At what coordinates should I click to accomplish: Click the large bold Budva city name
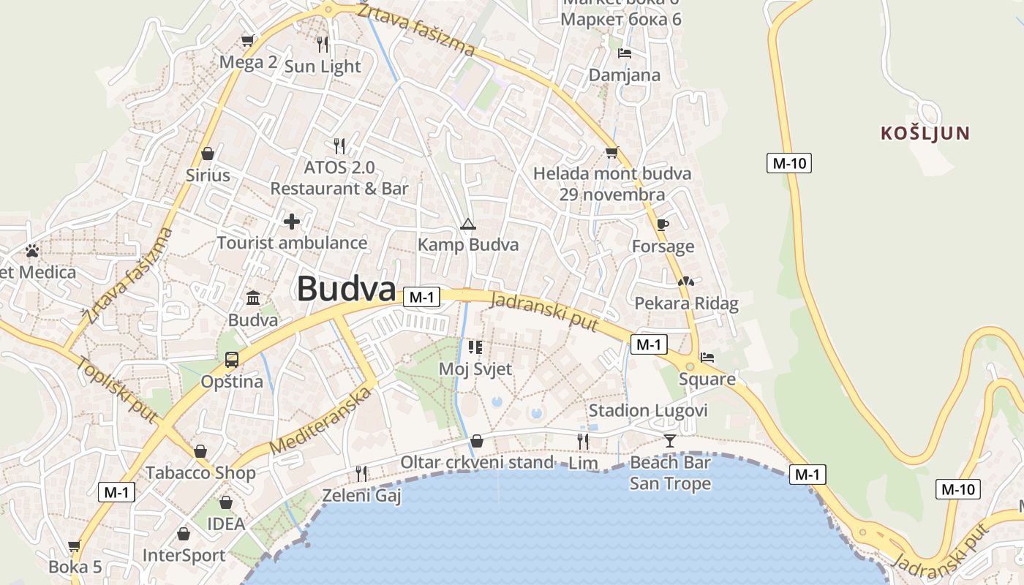(x=346, y=290)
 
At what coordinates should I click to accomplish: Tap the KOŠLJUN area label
(x=925, y=134)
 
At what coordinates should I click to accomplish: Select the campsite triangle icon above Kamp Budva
(x=467, y=224)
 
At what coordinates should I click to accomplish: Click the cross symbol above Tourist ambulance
(x=292, y=221)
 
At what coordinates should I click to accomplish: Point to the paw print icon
(x=32, y=251)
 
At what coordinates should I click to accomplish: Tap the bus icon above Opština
(x=232, y=360)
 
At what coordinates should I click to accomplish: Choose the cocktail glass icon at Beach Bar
(x=670, y=440)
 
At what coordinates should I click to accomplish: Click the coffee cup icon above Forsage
(x=663, y=224)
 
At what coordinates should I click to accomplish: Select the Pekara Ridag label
(x=686, y=303)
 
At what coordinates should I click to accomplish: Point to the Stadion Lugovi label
(x=648, y=410)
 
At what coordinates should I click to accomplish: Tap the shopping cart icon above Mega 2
(x=248, y=40)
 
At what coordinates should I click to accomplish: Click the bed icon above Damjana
(x=625, y=53)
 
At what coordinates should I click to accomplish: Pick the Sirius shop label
(x=208, y=175)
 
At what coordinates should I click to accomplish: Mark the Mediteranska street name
(x=320, y=420)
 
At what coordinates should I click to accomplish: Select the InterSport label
(x=184, y=555)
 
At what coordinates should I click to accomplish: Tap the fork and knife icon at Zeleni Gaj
(x=361, y=474)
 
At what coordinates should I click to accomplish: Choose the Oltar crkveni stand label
(x=477, y=462)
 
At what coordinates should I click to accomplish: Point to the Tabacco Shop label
(x=200, y=472)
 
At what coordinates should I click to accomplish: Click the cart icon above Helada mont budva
(x=611, y=153)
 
